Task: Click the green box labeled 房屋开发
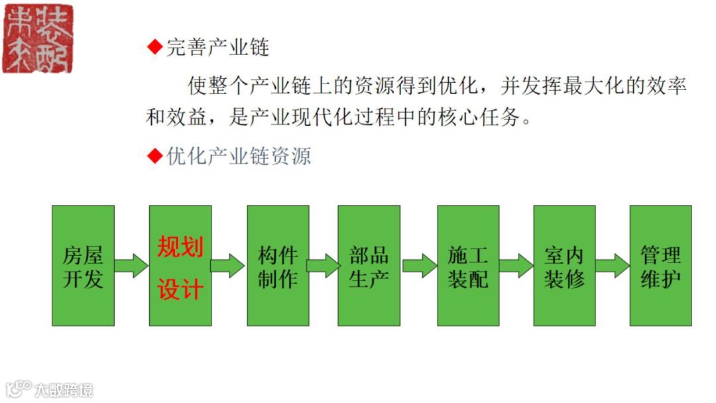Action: click(x=83, y=266)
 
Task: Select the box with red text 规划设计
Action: click(x=180, y=266)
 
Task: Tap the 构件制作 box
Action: click(x=278, y=266)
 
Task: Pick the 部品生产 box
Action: click(x=369, y=266)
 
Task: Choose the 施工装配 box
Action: click(x=468, y=266)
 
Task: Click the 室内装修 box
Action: click(x=564, y=266)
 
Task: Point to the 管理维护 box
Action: click(x=660, y=266)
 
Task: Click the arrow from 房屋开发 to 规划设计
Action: click(x=131, y=266)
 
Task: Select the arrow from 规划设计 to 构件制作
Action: click(x=228, y=266)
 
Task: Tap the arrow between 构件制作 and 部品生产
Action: click(x=324, y=266)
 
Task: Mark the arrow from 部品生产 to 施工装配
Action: click(x=419, y=266)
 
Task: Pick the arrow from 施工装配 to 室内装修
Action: click(x=516, y=266)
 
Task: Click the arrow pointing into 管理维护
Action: click(x=612, y=266)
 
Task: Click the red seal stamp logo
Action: click(x=38, y=38)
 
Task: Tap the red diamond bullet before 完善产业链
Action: click(x=154, y=47)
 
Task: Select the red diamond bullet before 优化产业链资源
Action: click(x=154, y=156)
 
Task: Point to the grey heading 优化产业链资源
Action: click(x=238, y=156)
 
